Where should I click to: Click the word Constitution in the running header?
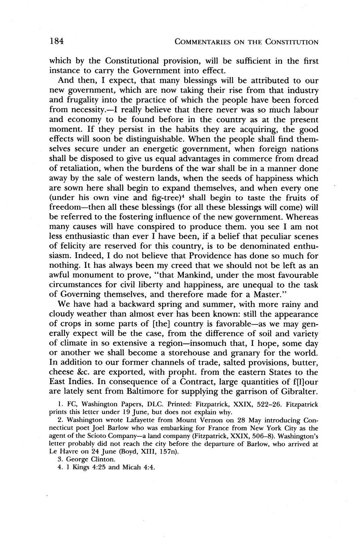coord(292,42)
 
